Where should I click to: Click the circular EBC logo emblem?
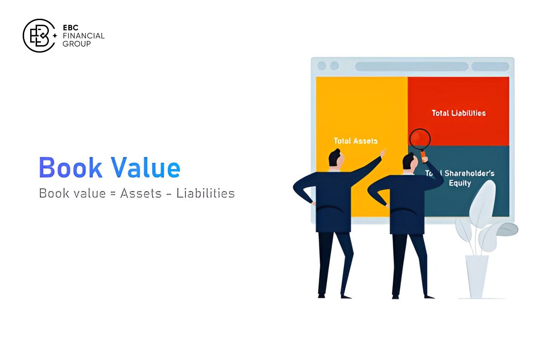(x=39, y=35)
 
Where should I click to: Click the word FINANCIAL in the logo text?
(x=83, y=36)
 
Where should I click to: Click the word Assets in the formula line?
(x=141, y=193)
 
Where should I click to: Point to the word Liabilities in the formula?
(x=205, y=193)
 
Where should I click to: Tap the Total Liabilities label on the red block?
(x=458, y=113)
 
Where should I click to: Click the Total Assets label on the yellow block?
(x=355, y=141)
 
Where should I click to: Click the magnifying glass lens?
(x=420, y=139)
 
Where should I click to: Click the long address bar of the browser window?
(x=411, y=66)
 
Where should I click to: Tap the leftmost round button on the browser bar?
(x=321, y=66)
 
